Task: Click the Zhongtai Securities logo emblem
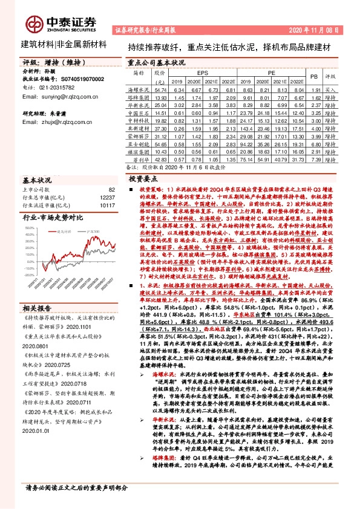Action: pyautogui.click(x=34, y=22)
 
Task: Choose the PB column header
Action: pyautogui.click(x=313, y=77)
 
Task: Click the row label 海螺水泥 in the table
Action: pyautogui.click(x=140, y=89)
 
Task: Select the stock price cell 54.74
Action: pyautogui.click(x=160, y=89)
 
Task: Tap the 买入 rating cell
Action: pyautogui.click(x=330, y=89)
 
